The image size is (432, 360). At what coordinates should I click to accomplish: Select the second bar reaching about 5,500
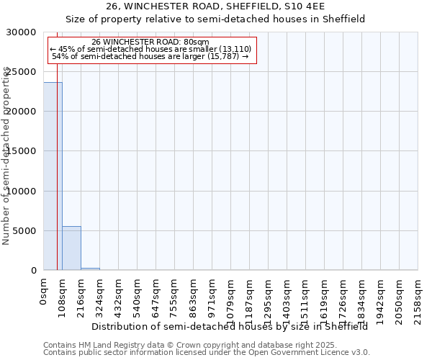[71, 248]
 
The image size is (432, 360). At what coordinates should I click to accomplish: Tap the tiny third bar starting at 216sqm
[90, 269]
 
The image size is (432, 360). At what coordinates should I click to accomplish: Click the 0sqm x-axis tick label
[44, 291]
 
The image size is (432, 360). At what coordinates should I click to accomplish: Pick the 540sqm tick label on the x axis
[138, 295]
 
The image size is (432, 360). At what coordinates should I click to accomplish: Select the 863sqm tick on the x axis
[194, 295]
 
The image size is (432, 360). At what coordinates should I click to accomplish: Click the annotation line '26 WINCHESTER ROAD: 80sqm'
[151, 42]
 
